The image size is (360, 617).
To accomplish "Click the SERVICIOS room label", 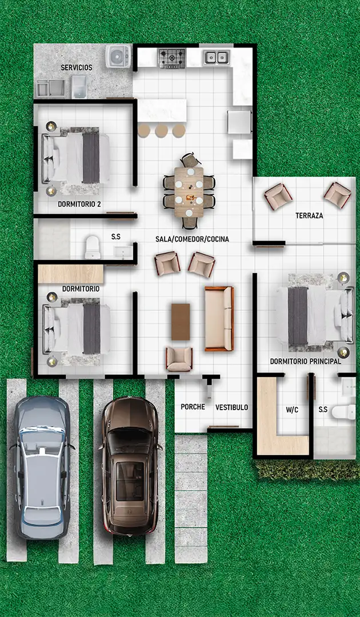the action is (77, 67).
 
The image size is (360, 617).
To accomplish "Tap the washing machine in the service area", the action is (118, 57).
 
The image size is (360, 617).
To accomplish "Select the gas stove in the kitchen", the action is (171, 58).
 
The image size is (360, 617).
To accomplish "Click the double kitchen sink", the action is (217, 58).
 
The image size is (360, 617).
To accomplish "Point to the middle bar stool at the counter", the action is (161, 131).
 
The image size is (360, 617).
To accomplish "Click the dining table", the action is (189, 192).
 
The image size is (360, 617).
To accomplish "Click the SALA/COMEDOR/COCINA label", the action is (192, 239).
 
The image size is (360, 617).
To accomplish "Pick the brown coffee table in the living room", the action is (181, 322).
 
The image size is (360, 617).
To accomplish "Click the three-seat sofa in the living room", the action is (219, 319).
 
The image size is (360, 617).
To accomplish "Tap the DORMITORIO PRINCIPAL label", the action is (305, 361).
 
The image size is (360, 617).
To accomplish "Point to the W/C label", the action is (292, 410).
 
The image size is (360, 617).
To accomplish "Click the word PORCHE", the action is (193, 407).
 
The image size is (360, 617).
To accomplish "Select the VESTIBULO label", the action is (232, 408).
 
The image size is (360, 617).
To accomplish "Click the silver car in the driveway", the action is (41, 467).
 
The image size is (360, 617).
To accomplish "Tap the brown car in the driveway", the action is (131, 466).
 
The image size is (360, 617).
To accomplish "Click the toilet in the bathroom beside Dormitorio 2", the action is (93, 247).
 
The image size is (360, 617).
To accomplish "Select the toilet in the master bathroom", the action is (343, 412).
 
